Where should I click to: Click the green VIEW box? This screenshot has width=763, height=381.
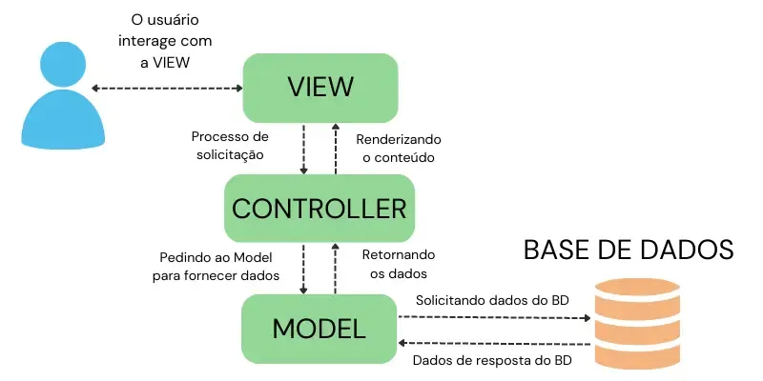320,87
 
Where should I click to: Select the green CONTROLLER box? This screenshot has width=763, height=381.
320,208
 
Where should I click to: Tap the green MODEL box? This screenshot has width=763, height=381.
320,329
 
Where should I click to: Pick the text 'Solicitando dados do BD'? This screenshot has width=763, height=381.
492,300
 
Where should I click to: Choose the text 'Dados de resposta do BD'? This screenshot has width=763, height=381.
492,361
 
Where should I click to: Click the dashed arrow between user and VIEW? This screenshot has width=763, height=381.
167,88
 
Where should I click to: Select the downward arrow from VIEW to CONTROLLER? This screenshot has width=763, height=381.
304,148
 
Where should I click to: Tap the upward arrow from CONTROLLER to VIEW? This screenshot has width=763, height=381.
334,148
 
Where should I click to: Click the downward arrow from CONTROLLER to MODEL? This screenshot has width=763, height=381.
304,268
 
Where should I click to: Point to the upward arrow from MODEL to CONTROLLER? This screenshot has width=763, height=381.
334,268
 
